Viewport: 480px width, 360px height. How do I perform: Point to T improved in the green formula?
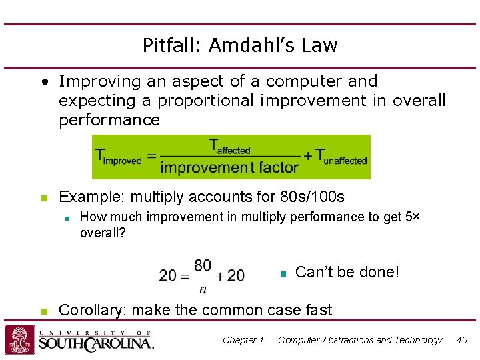[x=119, y=159]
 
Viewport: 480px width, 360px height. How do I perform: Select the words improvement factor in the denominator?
[x=229, y=167]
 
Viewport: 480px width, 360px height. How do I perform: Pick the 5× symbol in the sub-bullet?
[x=411, y=217]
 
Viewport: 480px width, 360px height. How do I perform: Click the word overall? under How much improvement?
[x=103, y=233]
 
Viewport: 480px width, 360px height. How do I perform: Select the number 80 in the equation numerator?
[x=203, y=265]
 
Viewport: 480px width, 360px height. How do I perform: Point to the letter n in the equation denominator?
[x=203, y=288]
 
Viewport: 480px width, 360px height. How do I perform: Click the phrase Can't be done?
[x=347, y=272]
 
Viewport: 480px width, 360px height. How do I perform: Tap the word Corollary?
[x=92, y=310]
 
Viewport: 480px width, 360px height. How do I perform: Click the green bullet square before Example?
[x=43, y=198]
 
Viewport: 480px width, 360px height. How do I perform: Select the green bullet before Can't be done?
[x=283, y=273]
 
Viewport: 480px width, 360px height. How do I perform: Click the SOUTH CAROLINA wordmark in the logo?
[x=96, y=343]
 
